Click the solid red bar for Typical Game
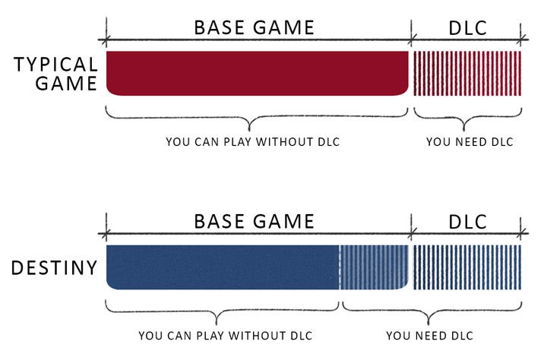[257, 73]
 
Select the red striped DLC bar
[467, 73]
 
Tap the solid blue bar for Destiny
[222, 267]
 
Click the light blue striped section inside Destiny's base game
[373, 267]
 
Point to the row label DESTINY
[55, 267]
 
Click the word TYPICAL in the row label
[55, 64]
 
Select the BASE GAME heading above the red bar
[254, 28]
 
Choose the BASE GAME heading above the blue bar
[254, 222]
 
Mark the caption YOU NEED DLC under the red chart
[470, 142]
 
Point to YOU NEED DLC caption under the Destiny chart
[429, 336]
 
